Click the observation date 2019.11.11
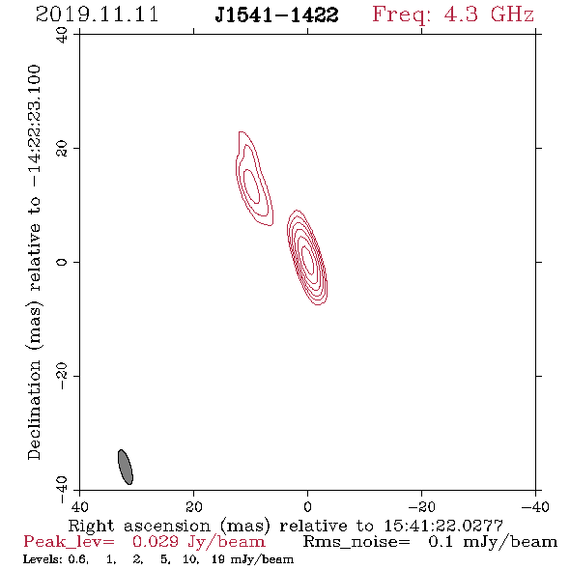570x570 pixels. (x=97, y=14)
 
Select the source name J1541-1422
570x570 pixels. (x=276, y=15)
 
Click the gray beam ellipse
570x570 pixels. (x=126, y=467)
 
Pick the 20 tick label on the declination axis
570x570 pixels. (x=62, y=149)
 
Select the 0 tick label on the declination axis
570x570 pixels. (x=62, y=262)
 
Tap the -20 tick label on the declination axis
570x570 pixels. (x=62, y=376)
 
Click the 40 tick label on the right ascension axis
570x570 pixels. (x=79, y=506)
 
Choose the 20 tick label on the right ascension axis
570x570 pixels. (x=193, y=506)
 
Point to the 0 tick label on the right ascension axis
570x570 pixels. (x=307, y=506)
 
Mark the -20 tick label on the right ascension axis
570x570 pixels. (x=421, y=506)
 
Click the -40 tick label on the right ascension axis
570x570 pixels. (x=535, y=506)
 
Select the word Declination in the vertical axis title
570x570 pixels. (x=34, y=410)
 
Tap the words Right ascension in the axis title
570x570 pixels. (x=139, y=526)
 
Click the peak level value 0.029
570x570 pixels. (x=156, y=542)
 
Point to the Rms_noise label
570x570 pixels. (x=356, y=542)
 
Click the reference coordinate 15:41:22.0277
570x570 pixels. (x=443, y=526)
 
